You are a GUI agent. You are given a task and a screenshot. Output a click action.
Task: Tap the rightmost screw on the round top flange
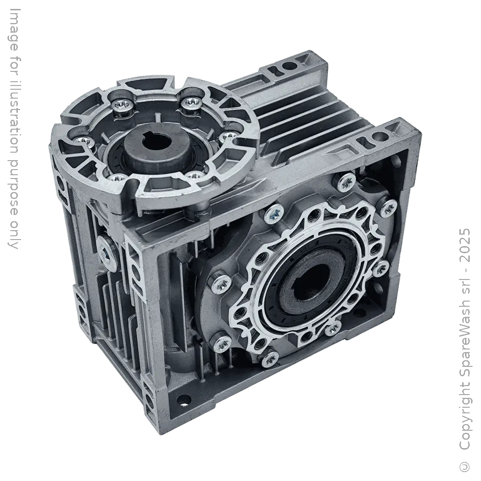pyautogui.click(x=228, y=136)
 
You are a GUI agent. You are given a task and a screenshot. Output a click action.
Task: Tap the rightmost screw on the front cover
pyautogui.click(x=388, y=208)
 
